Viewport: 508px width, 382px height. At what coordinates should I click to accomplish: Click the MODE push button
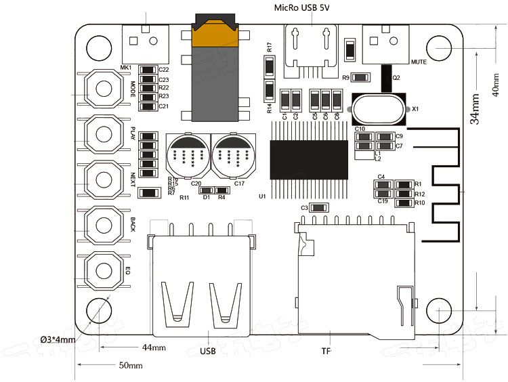pyautogui.click(x=103, y=88)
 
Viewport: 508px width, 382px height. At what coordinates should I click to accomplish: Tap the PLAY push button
pyautogui.click(x=103, y=133)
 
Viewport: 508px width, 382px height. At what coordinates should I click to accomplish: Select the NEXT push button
pyautogui.click(x=103, y=178)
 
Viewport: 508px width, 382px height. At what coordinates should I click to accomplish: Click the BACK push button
pyautogui.click(x=103, y=224)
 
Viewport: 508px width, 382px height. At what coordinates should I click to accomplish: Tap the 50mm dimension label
pyautogui.click(x=130, y=365)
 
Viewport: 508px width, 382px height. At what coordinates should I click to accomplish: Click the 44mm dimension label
pyautogui.click(x=154, y=347)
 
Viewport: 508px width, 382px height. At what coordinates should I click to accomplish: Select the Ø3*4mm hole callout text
pyautogui.click(x=58, y=339)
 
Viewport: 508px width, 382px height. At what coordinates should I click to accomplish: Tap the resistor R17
pyautogui.click(x=269, y=66)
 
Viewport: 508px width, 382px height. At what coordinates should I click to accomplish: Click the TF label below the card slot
pyautogui.click(x=326, y=352)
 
